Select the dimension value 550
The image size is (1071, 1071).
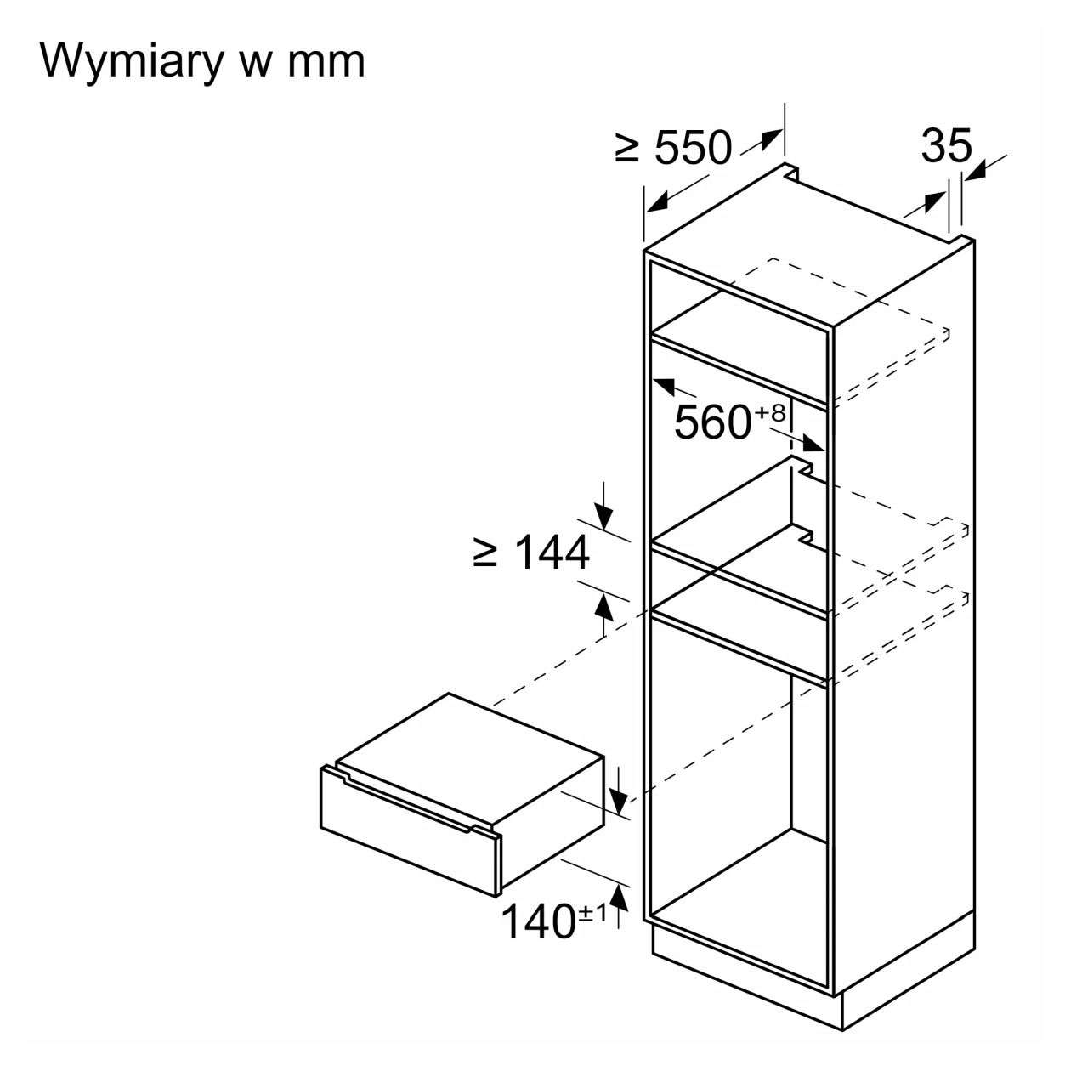tap(693, 148)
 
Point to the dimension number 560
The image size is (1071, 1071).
tap(712, 422)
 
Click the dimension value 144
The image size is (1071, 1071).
tap(551, 553)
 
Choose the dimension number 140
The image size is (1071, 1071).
tap(538, 921)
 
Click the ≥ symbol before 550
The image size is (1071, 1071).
tap(628, 149)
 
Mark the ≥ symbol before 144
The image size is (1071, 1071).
tap(485, 553)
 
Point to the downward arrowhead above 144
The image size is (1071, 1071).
tap(603, 517)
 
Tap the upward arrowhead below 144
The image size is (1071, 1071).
tap(603, 606)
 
